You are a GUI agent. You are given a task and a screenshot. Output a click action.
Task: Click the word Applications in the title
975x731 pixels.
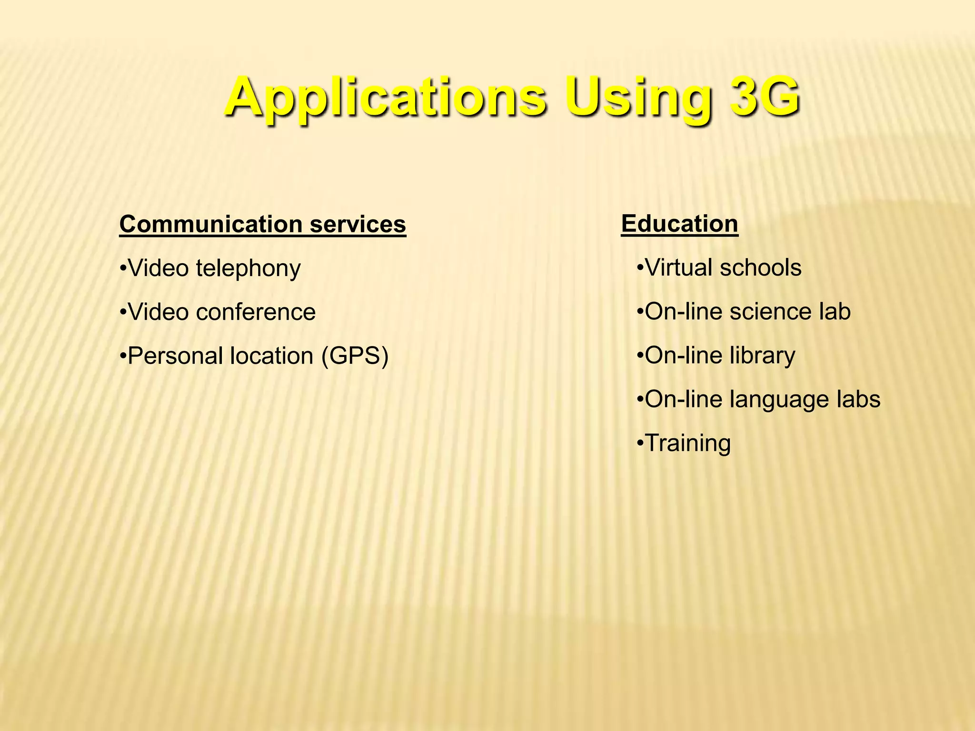pos(386,98)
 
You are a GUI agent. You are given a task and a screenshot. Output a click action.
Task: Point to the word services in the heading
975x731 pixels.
pos(358,224)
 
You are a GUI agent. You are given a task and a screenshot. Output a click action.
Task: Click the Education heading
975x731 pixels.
pos(679,223)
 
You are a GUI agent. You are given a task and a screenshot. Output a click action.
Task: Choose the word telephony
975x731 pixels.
pos(248,268)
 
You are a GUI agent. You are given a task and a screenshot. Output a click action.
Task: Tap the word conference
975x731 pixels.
pos(256,312)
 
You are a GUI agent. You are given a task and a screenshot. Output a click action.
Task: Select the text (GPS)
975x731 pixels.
pos(355,356)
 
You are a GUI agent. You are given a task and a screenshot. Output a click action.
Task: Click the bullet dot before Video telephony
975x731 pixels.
pos(123,268)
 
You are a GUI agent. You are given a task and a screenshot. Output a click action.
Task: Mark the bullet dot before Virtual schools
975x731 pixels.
pos(640,267)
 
